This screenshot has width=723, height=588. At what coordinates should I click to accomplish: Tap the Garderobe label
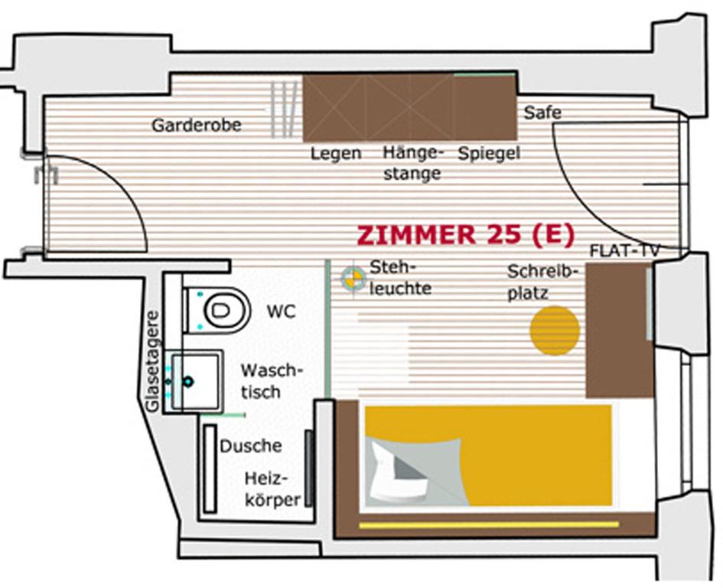(196, 125)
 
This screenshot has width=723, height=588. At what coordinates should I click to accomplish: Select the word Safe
(542, 113)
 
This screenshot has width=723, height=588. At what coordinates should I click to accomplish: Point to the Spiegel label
(489, 153)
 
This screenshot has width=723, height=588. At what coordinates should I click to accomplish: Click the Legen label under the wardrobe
(335, 153)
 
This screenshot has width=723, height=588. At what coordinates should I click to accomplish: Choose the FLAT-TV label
(624, 251)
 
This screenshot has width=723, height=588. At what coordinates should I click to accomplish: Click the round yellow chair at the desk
(555, 331)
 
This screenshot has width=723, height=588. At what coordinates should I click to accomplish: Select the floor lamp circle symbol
(353, 278)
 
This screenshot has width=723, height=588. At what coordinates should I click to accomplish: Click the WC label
(281, 312)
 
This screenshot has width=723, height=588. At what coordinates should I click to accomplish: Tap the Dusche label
(251, 446)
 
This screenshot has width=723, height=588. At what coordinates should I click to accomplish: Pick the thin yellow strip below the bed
(489, 524)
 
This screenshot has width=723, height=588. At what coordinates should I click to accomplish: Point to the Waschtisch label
(272, 381)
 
